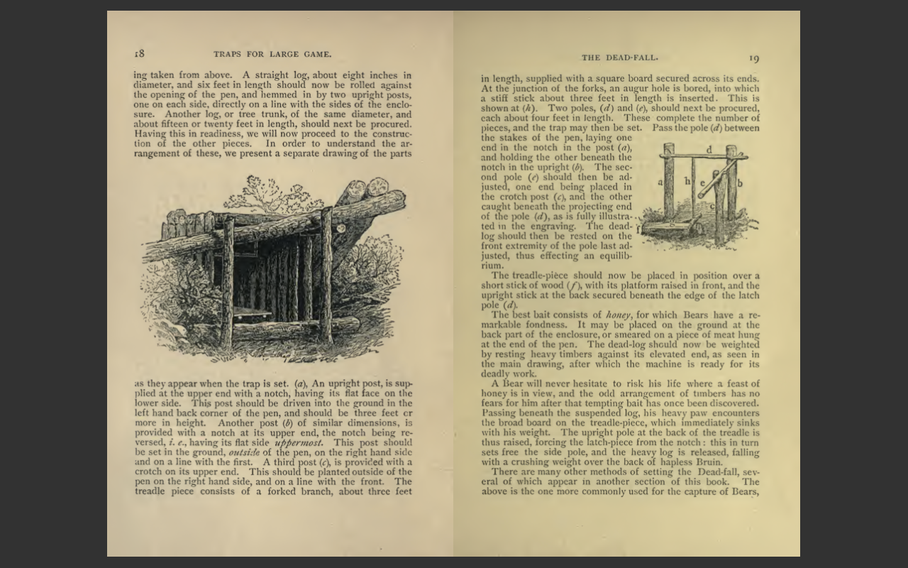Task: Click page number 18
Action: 139,54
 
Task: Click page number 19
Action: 753,58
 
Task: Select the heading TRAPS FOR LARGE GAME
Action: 272,54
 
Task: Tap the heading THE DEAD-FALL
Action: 619,58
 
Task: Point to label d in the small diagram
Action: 709,150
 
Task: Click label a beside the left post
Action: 660,182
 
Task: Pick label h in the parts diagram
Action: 687,181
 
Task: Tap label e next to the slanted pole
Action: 703,182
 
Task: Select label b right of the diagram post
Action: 740,182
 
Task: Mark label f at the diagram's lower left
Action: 638,229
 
